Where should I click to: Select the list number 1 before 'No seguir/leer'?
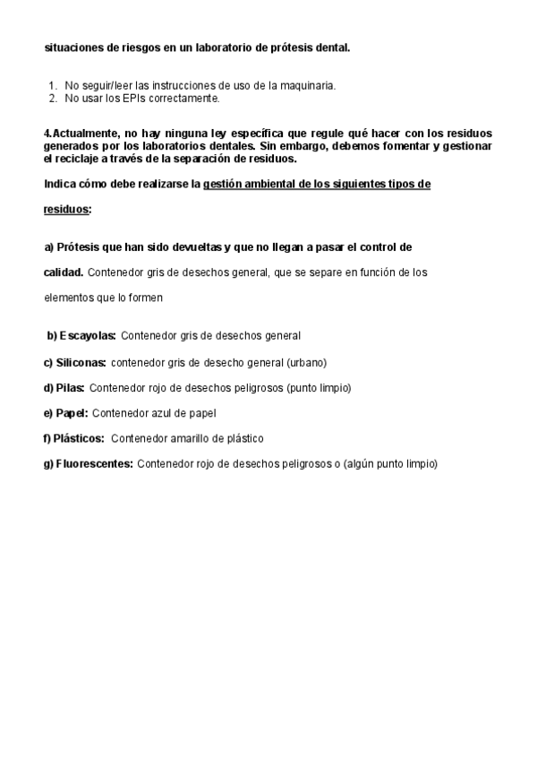click(x=52, y=86)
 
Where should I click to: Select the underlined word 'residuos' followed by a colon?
click(x=65, y=209)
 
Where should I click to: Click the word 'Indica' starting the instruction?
click(x=60, y=184)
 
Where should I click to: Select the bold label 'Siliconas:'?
click(x=81, y=363)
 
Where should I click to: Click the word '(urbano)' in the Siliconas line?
click(x=306, y=363)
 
